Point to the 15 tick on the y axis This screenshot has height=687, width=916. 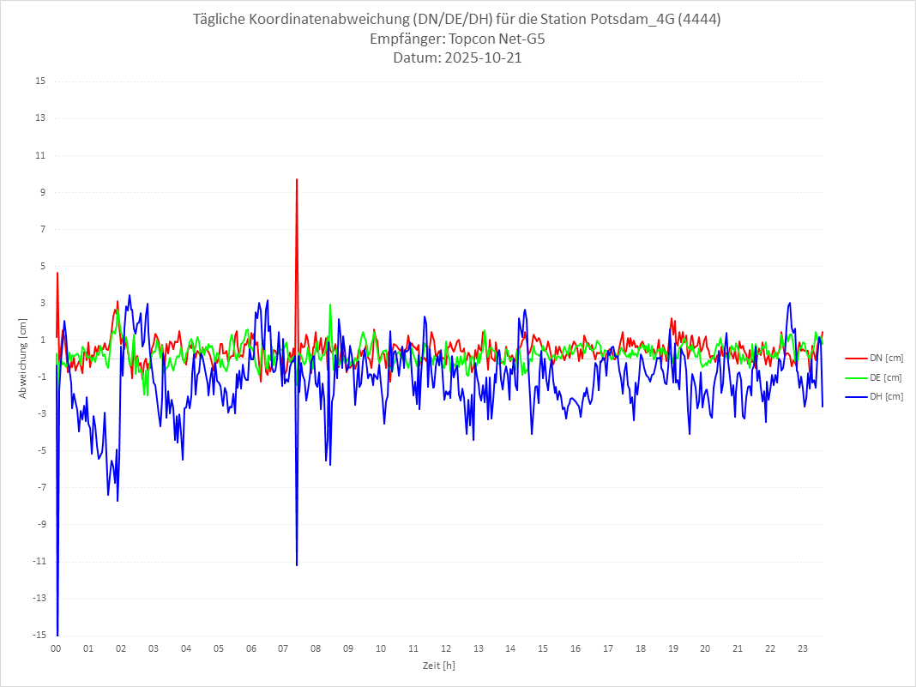pos(40,81)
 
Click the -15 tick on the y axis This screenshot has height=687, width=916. pos(39,635)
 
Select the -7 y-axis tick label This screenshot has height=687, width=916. pos(41,487)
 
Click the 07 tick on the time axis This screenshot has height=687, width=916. pos(283,648)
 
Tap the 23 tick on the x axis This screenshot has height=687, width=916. pos(803,648)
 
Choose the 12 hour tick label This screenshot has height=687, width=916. pos(446,648)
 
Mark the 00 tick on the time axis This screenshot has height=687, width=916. pos(56,648)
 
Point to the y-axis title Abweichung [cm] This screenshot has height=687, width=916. pos(23,358)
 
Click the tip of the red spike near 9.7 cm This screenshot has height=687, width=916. pos(297,179)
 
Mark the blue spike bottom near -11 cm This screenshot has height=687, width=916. pos(297,565)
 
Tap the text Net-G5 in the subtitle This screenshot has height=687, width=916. pos(522,39)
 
